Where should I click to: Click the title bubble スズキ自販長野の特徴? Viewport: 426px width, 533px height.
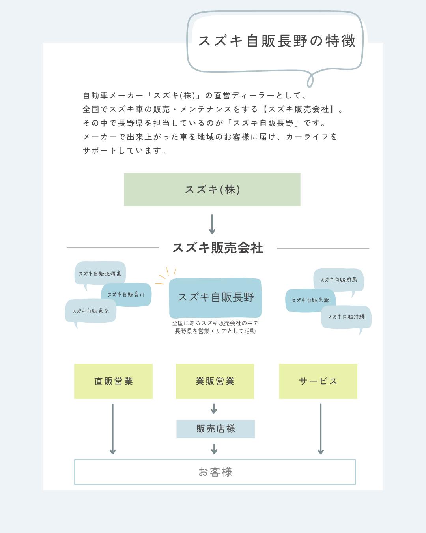tap(276, 41)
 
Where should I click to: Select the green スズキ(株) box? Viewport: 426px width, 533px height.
tap(212, 190)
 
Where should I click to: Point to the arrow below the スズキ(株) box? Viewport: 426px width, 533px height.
tap(212, 224)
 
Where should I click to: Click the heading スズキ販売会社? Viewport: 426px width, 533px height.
tap(218, 248)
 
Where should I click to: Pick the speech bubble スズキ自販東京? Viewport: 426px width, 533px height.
tap(90, 311)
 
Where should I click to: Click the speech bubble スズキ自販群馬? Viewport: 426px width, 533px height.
tap(338, 280)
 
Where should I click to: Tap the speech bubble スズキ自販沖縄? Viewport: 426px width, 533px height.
tap(346, 317)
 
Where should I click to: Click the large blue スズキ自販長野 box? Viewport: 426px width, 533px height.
tap(215, 298)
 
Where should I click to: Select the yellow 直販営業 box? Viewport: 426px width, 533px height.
tap(113, 381)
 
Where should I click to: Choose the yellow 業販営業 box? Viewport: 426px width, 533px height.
tap(215, 381)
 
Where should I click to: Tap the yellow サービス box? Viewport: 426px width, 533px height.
tap(318, 381)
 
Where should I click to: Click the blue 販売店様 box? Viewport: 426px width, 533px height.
tap(215, 429)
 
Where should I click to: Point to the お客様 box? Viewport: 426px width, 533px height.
tap(215, 472)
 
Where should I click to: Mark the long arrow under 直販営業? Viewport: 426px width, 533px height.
tap(113, 429)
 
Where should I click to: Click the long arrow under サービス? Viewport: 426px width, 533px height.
tap(321, 429)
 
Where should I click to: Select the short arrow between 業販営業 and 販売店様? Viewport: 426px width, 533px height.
tap(214, 409)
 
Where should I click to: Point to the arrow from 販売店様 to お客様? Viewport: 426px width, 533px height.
tap(214, 449)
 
